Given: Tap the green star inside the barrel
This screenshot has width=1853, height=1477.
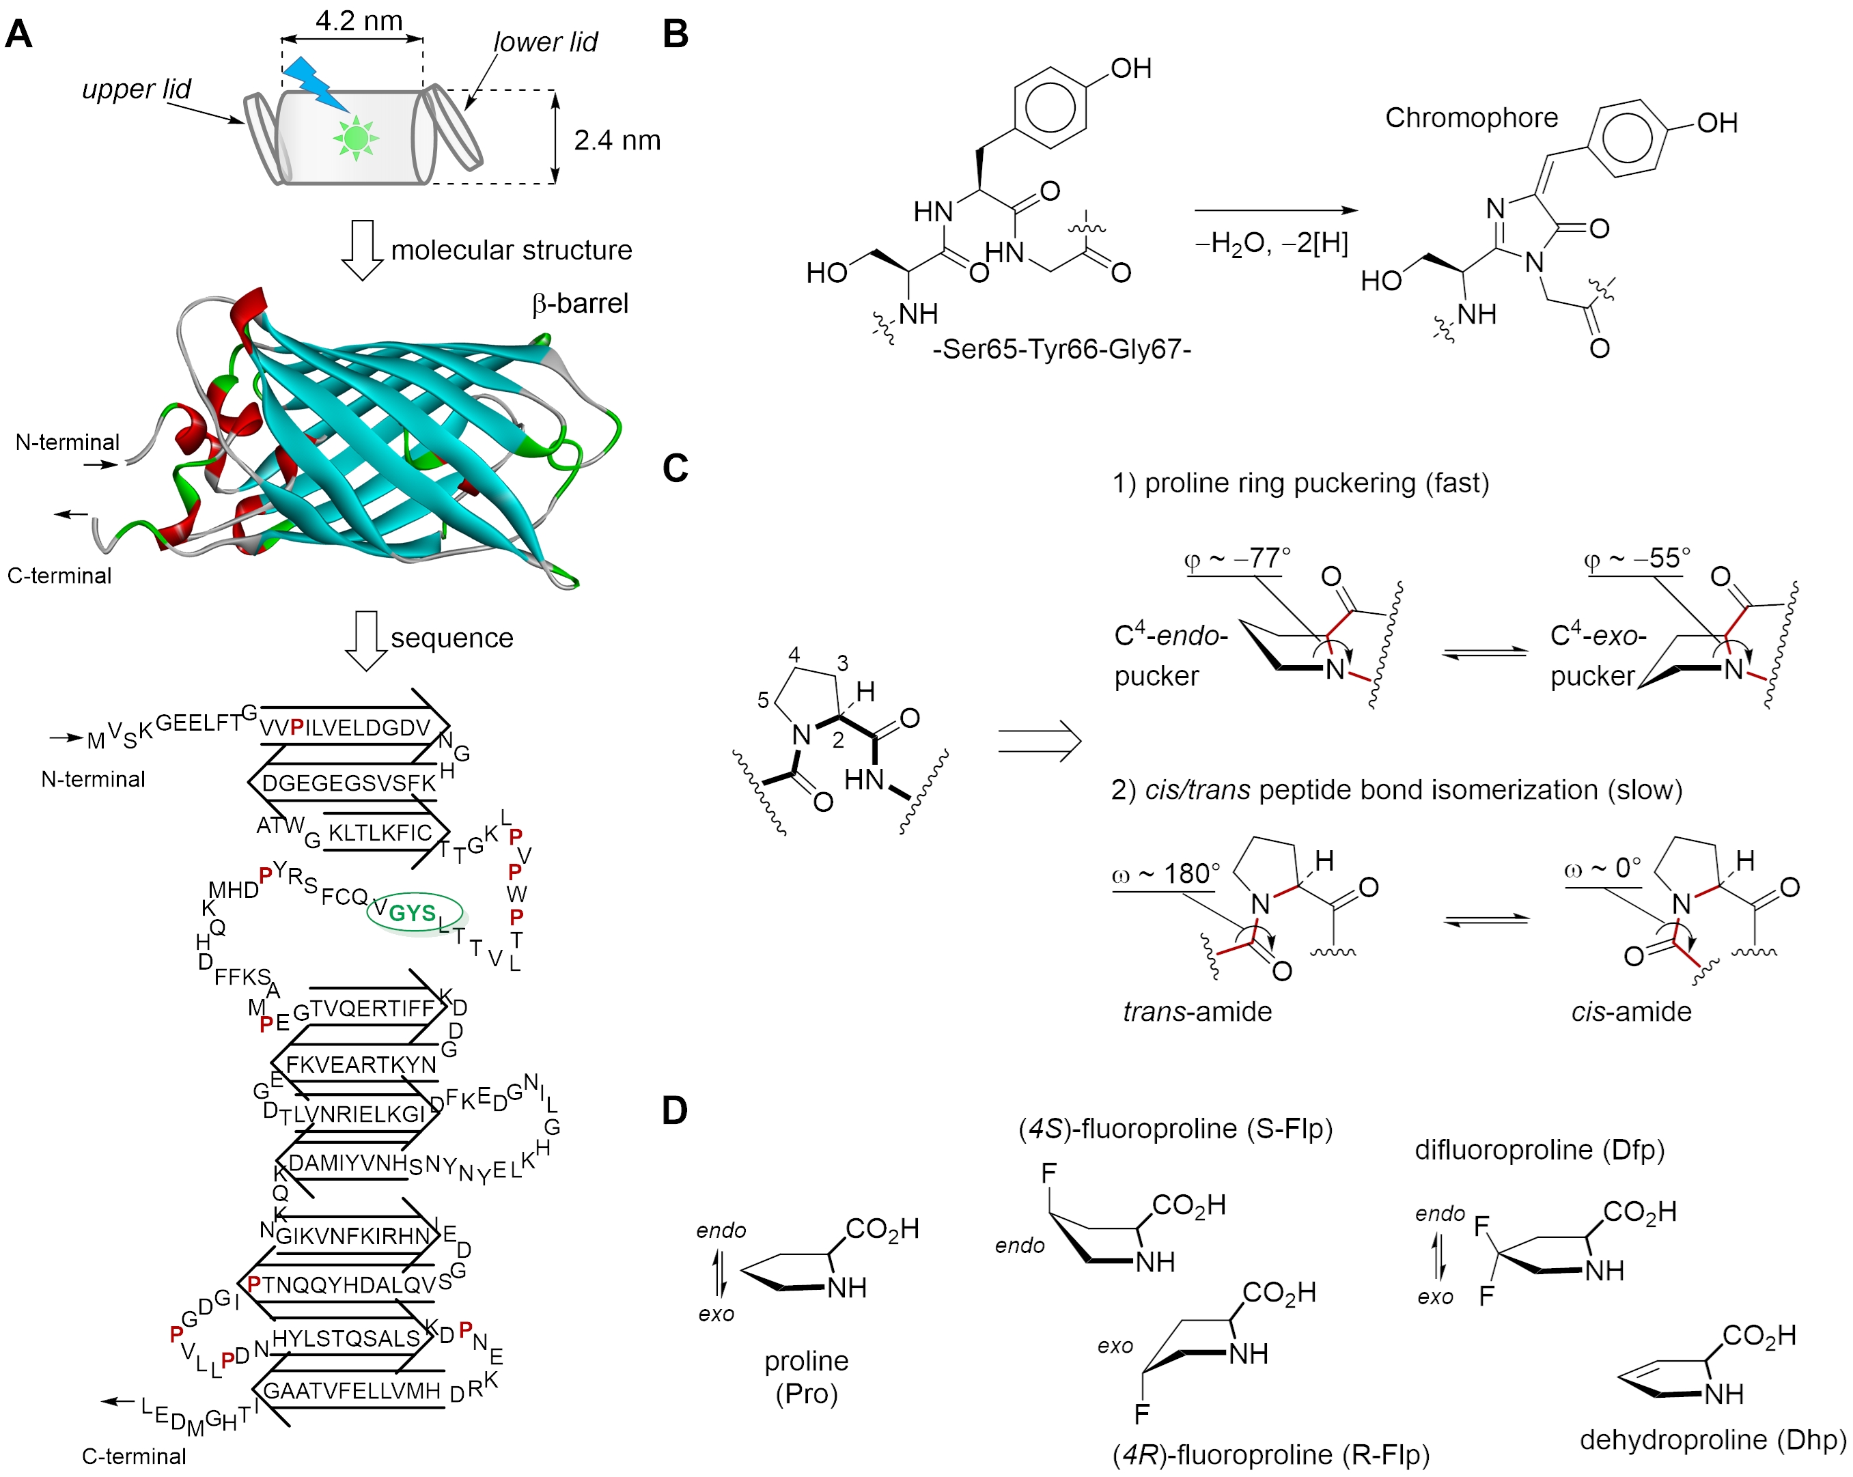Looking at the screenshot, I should pyautogui.click(x=356, y=137).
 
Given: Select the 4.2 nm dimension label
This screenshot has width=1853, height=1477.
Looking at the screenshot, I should pyautogui.click(x=359, y=20).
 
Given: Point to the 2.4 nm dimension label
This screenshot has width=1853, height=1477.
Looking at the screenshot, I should pyautogui.click(x=617, y=140).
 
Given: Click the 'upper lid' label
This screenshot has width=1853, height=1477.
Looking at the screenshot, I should pyautogui.click(x=136, y=89).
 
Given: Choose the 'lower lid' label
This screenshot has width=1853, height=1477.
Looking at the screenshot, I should pyautogui.click(x=545, y=42).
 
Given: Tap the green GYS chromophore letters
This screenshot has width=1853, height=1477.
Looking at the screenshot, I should pyautogui.click(x=413, y=912).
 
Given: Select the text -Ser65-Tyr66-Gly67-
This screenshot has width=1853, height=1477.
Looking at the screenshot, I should pyautogui.click(x=1061, y=350).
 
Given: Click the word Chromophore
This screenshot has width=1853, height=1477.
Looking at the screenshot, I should pyautogui.click(x=1471, y=117).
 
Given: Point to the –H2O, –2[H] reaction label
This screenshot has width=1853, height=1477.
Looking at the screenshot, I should pyautogui.click(x=1271, y=244).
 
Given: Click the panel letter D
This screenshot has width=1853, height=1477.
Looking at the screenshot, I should pyautogui.click(x=675, y=1111).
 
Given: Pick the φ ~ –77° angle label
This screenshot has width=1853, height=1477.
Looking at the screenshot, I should pyautogui.click(x=1237, y=559).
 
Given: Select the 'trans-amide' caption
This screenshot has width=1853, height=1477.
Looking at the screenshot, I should pyautogui.click(x=1197, y=1011).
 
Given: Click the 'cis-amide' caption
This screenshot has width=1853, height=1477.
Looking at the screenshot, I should pyautogui.click(x=1630, y=1011).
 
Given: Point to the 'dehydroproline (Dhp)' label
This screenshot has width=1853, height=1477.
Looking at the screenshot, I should pyautogui.click(x=1712, y=1439).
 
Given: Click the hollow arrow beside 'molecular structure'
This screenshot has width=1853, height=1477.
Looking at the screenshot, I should pyautogui.click(x=363, y=250).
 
